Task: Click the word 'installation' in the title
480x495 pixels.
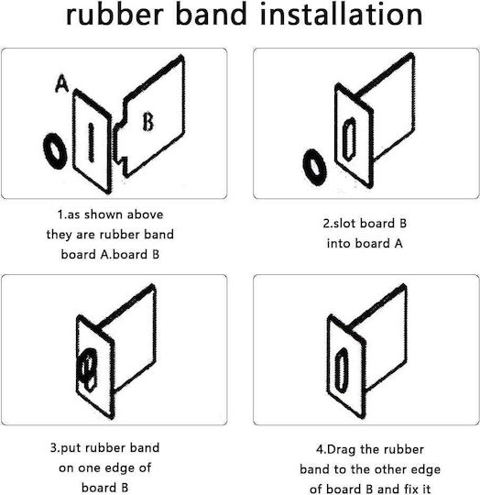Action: point(342,14)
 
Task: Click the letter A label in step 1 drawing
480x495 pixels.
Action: point(61,83)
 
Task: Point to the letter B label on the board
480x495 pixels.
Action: point(147,122)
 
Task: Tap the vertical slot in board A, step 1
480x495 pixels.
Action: point(91,143)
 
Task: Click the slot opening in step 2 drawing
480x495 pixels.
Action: point(349,138)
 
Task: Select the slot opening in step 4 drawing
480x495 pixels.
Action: point(342,369)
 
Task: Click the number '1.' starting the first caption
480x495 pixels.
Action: point(61,214)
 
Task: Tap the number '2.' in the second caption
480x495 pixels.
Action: point(328,224)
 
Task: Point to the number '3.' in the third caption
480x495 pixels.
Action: point(55,447)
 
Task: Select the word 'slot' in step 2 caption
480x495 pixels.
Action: point(344,224)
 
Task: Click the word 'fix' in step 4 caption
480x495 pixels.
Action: point(411,489)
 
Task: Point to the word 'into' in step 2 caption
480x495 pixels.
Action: point(338,244)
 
